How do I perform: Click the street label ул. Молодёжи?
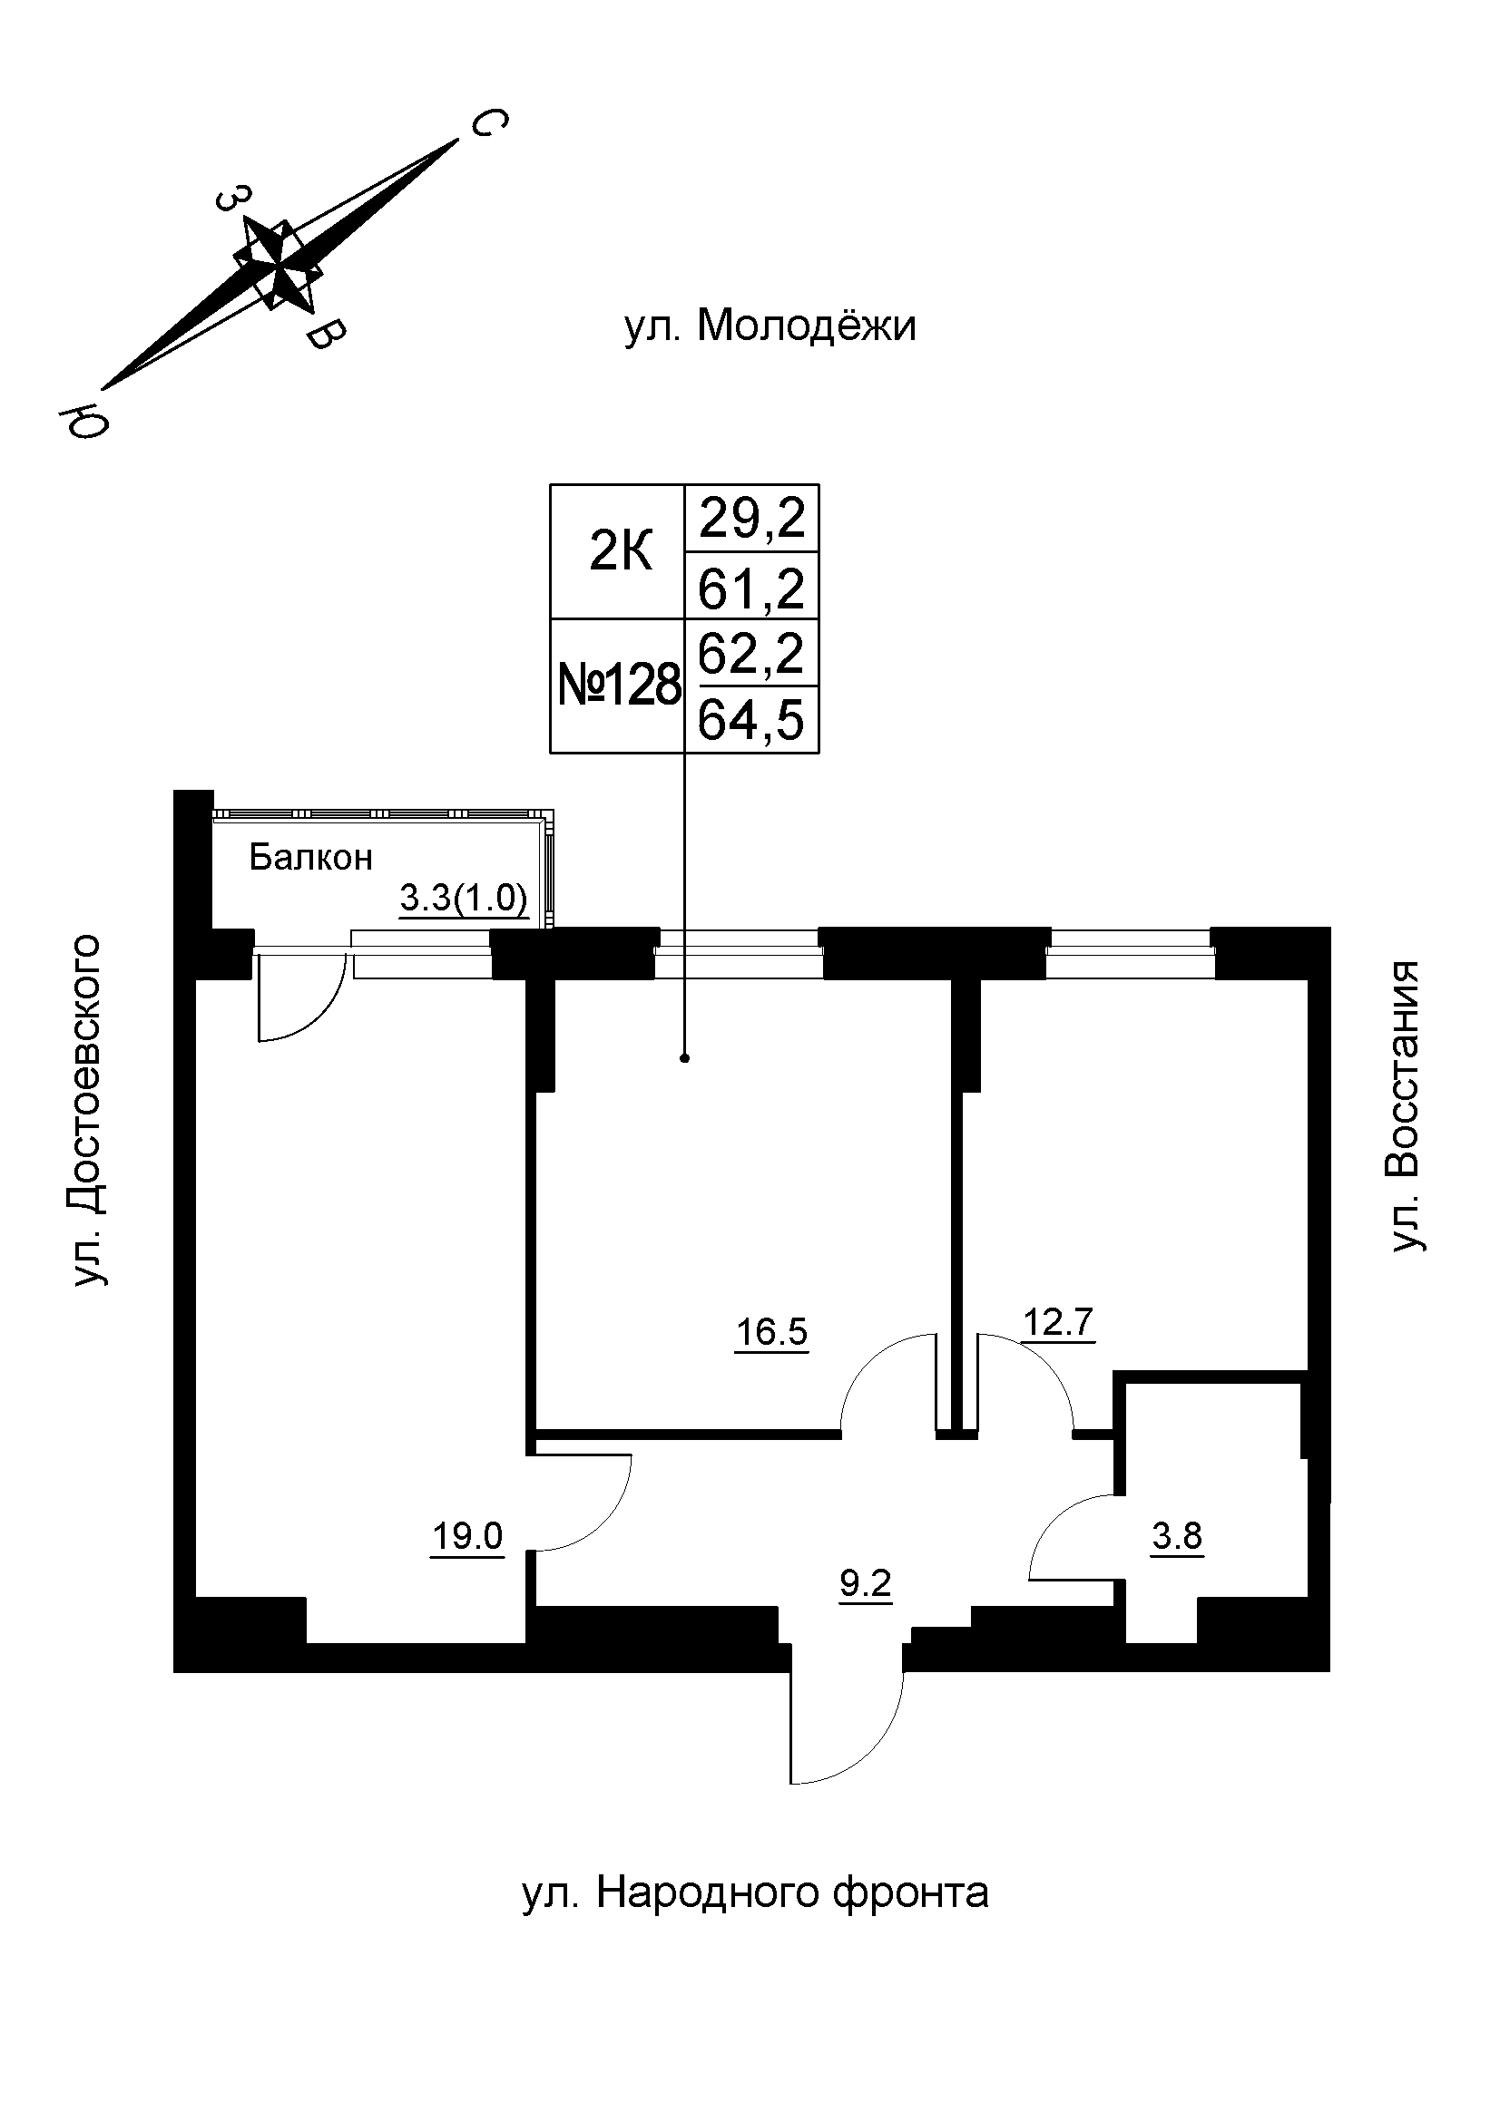770,327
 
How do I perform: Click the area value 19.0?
466,1536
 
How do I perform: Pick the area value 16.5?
770,1332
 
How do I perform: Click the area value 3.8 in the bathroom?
1177,1536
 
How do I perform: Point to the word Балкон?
310,858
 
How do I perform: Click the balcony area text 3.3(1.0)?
463,897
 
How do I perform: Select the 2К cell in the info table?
619,552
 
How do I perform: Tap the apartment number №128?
619,686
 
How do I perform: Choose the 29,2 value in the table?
751,520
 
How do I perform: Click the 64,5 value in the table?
751,721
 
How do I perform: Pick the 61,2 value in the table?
751,589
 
